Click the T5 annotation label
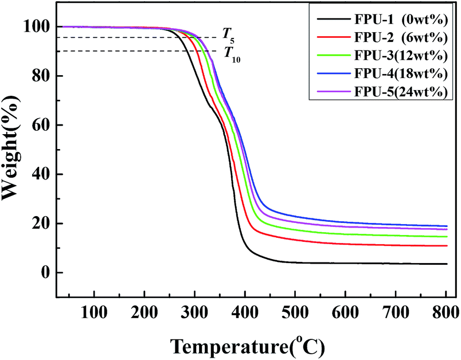(x=228, y=40)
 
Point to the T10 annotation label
(x=232, y=54)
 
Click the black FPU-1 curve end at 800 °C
(x=446, y=264)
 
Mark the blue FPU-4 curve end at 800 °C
(x=446, y=226)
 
